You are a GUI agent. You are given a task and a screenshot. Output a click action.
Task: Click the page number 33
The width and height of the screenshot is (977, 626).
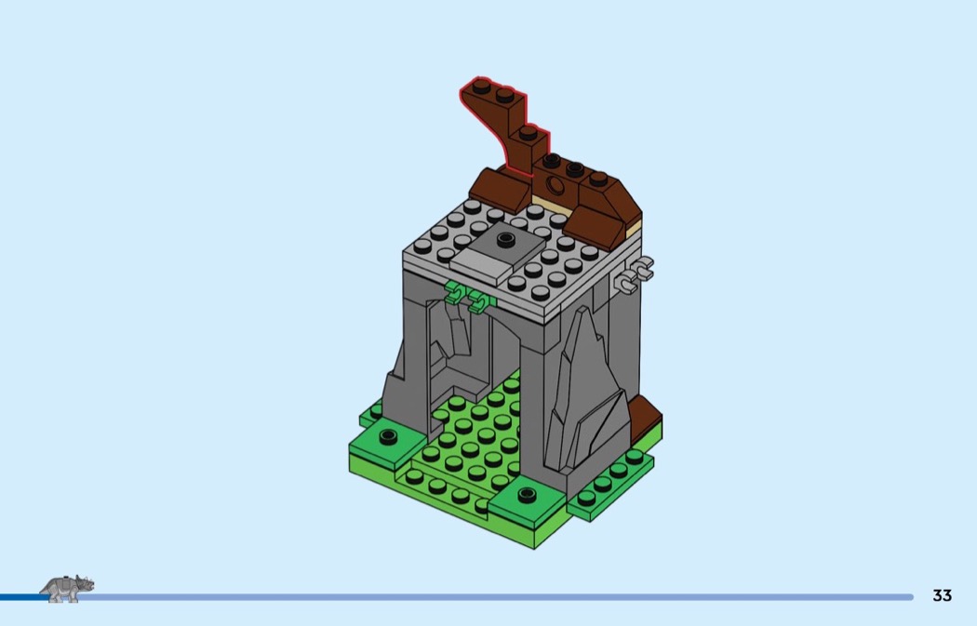coord(942,595)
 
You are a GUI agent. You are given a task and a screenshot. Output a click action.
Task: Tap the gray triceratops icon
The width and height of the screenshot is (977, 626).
coord(67,588)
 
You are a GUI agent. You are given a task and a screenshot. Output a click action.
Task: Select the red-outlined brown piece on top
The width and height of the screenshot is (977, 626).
coord(503,122)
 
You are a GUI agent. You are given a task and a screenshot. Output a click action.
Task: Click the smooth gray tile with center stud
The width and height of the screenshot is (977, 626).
coord(497,252)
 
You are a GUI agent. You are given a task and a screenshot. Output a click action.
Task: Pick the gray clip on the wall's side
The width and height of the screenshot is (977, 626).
coord(634,274)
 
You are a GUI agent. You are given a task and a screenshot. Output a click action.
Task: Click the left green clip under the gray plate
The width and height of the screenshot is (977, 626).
coord(455,293)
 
